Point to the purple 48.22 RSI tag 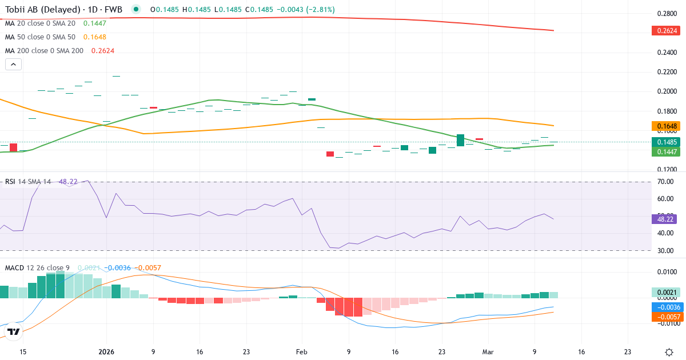coord(664,219)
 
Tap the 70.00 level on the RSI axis coord(666,182)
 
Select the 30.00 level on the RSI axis coord(666,250)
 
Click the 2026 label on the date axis coord(107,352)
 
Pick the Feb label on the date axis coord(302,352)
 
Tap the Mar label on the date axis coord(488,352)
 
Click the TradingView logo coord(14,331)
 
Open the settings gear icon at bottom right coord(669,352)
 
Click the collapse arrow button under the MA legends coord(14,64)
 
